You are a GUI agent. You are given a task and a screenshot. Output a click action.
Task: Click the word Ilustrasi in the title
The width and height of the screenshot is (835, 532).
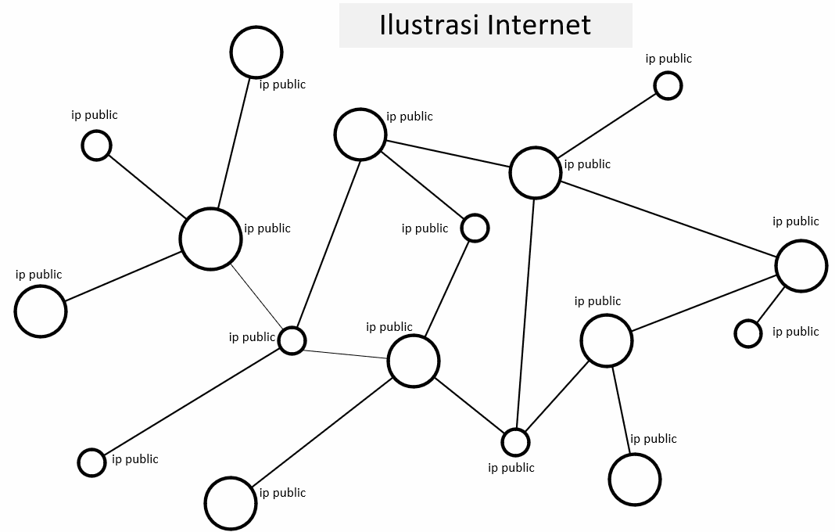pyautogui.click(x=429, y=24)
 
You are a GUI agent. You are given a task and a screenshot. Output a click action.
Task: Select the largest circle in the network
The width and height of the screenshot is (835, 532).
pyautogui.click(x=210, y=239)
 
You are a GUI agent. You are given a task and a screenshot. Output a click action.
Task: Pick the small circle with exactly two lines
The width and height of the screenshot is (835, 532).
pyautogui.click(x=475, y=228)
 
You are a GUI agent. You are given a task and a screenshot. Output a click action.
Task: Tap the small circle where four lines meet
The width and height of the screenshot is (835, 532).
pyautogui.click(x=292, y=340)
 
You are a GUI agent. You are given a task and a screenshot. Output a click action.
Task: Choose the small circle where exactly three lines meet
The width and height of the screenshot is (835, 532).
pyautogui.click(x=514, y=442)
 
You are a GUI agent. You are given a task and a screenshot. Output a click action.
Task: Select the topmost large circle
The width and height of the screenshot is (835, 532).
pyautogui.click(x=256, y=52)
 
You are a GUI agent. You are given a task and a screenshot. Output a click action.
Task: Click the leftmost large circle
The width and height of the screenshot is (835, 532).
pyautogui.click(x=40, y=311)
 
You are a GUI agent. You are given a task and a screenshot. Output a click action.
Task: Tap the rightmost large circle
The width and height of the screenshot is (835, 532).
pyautogui.click(x=801, y=266)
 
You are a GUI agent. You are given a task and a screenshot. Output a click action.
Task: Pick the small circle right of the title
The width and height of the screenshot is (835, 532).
pyautogui.click(x=668, y=85)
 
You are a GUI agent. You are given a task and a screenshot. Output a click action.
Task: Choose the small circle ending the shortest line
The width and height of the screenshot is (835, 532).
pyautogui.click(x=748, y=333)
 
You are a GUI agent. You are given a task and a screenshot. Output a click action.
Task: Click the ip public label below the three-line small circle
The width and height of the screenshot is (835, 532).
pyautogui.click(x=511, y=468)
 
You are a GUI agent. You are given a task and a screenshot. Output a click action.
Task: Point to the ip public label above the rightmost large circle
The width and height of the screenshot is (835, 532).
pyautogui.click(x=796, y=221)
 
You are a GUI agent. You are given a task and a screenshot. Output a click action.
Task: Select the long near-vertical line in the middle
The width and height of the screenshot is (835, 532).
pyautogui.click(x=525, y=313)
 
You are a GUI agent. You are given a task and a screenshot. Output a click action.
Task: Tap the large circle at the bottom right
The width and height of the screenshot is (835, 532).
pyautogui.click(x=634, y=480)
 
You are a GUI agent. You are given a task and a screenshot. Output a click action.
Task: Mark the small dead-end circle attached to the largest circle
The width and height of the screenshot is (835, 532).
pyautogui.click(x=96, y=146)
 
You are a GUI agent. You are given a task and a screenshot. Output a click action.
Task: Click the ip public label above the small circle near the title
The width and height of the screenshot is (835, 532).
pyautogui.click(x=668, y=59)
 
